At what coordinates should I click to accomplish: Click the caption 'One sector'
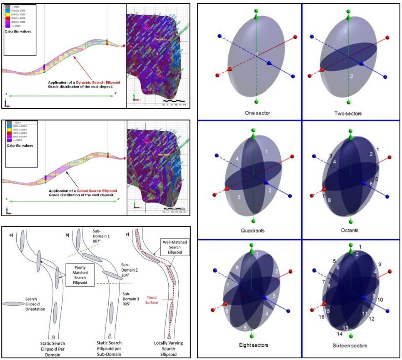[257, 113]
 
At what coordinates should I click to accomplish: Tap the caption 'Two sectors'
[348, 113]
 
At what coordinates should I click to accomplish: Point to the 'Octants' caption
[350, 230]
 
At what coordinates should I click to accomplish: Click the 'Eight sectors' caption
[253, 345]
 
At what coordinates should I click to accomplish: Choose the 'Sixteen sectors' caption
[350, 346]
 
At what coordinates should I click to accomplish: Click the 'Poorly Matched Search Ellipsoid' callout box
[80, 275]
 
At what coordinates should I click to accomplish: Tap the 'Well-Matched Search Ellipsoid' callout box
[175, 247]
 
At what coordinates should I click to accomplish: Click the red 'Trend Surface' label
[151, 300]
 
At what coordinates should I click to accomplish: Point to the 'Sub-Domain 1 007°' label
[102, 236]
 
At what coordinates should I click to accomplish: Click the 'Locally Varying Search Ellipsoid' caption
[168, 348]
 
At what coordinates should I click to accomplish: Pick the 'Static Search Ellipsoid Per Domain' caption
[53, 349]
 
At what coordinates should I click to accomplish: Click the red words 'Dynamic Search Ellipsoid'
[98, 82]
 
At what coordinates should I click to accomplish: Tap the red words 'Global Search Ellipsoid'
[97, 191]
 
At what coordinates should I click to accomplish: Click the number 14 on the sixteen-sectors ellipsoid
[340, 334]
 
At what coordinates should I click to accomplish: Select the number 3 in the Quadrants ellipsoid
[239, 198]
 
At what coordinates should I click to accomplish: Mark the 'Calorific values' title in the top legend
[18, 31]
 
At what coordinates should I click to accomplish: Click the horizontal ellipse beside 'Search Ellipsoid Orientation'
[14, 304]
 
